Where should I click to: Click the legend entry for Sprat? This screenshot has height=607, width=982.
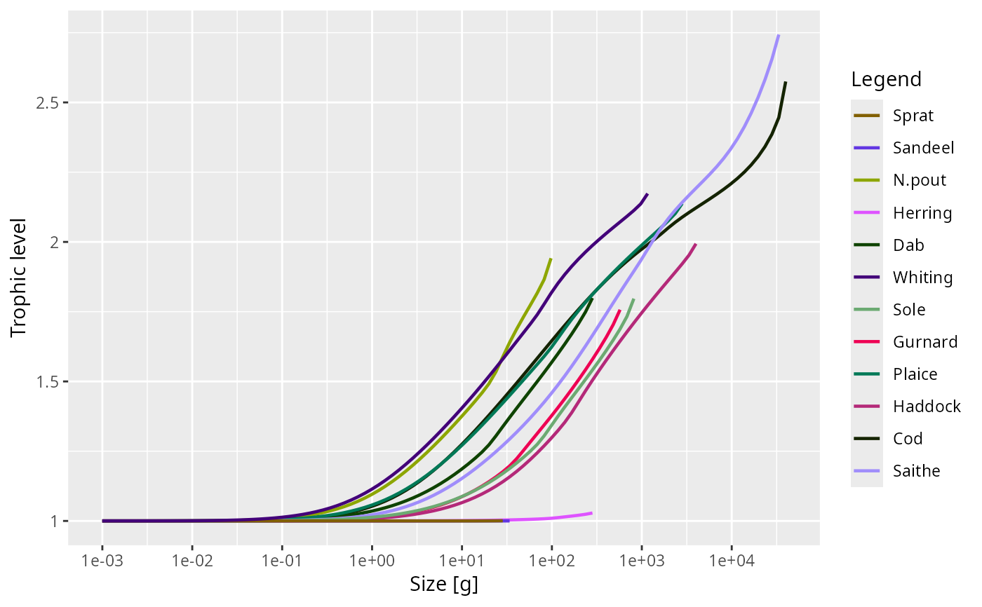point(913,116)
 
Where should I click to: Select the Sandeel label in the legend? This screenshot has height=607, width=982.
point(923,148)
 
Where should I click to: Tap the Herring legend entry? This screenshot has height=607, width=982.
point(922,213)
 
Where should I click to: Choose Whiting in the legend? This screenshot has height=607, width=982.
point(923,278)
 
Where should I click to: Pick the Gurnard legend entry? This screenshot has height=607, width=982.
point(925,342)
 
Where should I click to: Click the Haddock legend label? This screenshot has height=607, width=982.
point(927,407)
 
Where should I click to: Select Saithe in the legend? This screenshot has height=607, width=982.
point(917,471)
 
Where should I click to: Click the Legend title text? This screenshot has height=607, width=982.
point(886,79)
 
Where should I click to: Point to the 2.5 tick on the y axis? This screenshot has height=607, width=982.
point(48,103)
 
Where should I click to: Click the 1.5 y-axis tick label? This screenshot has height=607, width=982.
point(48,382)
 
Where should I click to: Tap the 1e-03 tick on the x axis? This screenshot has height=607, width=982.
point(102,560)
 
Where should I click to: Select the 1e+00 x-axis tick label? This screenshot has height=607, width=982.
point(372,560)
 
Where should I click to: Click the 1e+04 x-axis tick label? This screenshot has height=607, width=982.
point(731,560)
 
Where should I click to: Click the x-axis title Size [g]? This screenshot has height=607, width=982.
point(443,585)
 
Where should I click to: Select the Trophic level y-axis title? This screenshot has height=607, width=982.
point(18,278)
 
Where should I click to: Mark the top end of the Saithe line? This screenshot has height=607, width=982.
point(779,34)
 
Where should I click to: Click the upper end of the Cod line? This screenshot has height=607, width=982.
point(785,82)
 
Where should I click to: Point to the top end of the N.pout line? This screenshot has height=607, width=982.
point(551,259)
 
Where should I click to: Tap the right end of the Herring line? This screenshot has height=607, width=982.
point(592,513)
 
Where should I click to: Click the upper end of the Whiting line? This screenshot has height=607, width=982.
point(647,194)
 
